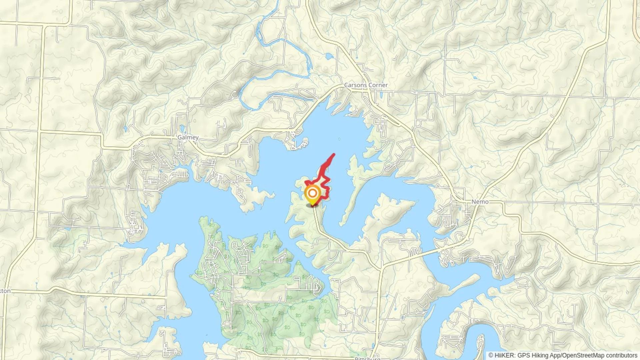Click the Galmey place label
[x=188, y=137]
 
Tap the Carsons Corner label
[x=365, y=85]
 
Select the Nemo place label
[x=480, y=202]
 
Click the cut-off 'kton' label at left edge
[x=5, y=291]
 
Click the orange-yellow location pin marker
[x=312, y=195]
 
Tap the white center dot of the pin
[x=312, y=193]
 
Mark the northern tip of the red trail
[x=334, y=154]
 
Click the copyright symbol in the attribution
[x=491, y=355]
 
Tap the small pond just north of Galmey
[x=182, y=129]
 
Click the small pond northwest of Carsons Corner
[x=329, y=56]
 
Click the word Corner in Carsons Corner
[x=378, y=85]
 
